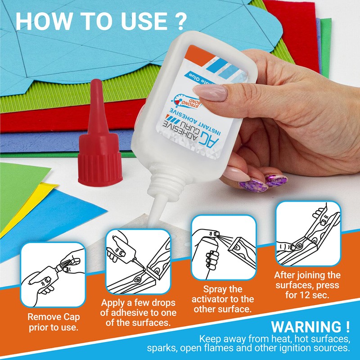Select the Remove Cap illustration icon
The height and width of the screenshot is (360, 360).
(53, 274)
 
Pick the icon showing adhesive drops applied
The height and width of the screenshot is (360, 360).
(138, 261)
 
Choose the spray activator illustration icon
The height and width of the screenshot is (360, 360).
(223, 247)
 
